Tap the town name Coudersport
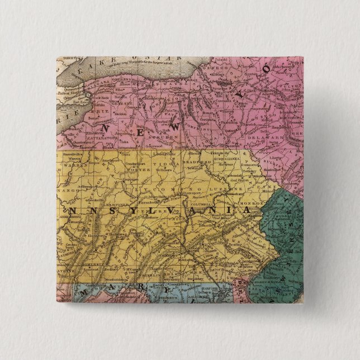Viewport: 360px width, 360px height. pos(135,163)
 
